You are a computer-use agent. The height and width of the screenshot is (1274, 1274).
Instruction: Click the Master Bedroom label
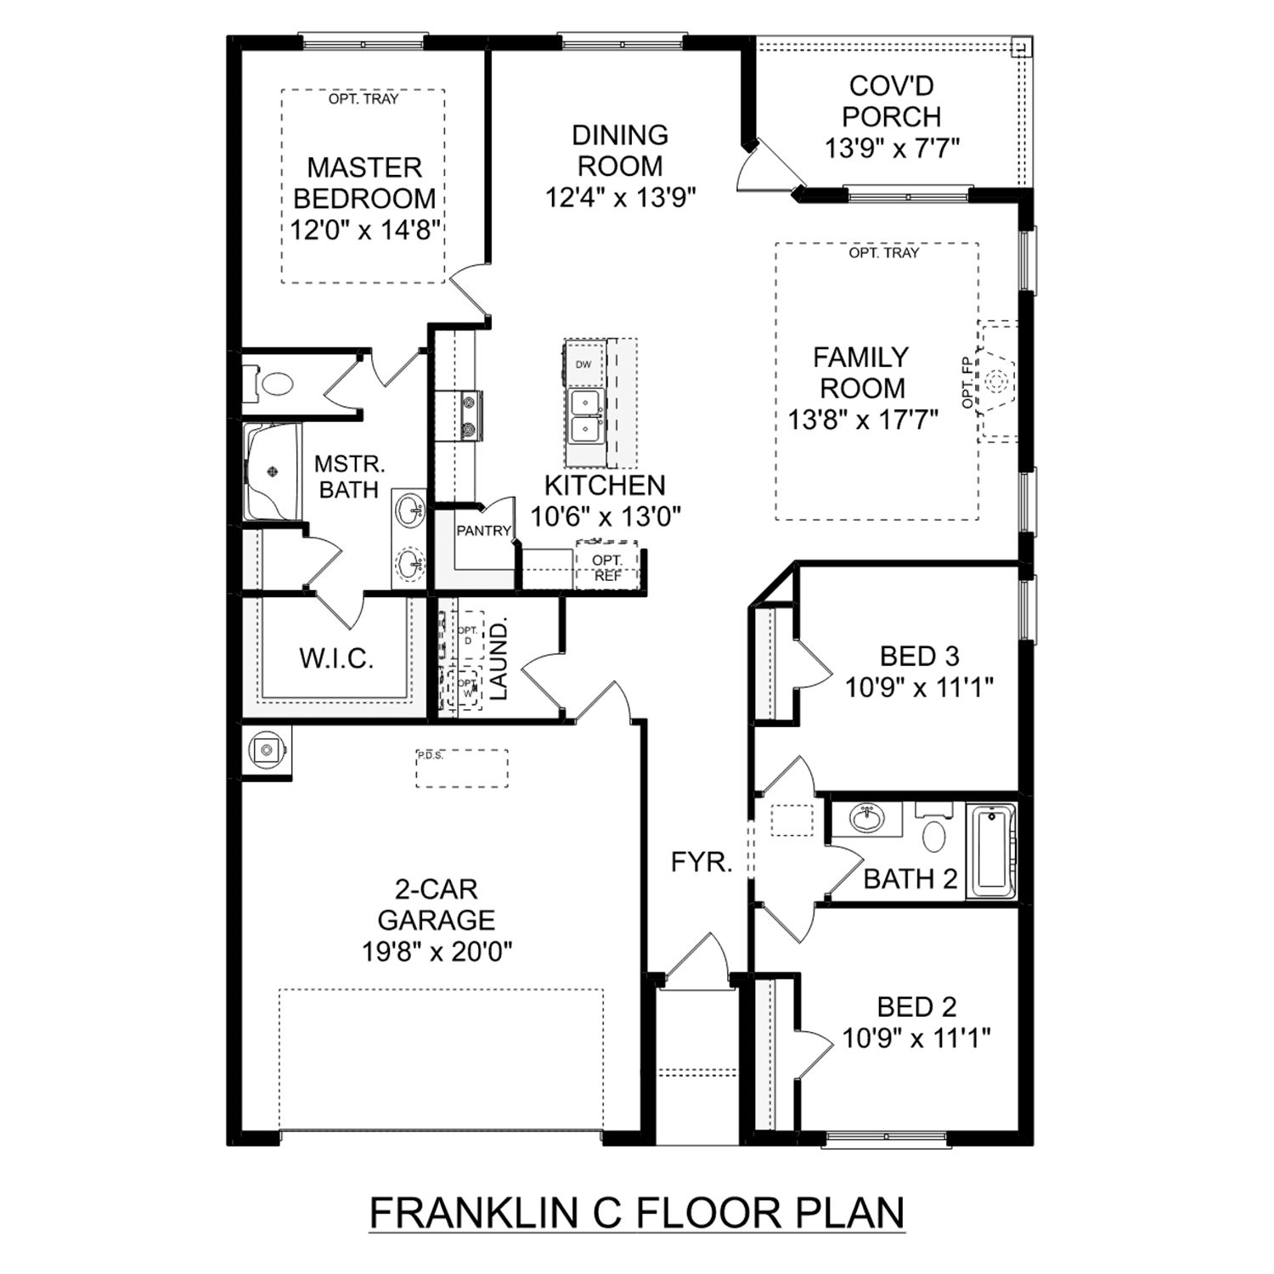pos(364,183)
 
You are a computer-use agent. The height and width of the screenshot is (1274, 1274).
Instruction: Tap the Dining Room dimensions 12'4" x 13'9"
pos(620,198)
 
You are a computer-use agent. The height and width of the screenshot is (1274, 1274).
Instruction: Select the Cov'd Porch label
pos(891,101)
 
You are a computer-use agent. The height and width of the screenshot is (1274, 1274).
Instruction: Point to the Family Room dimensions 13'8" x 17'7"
pos(862,420)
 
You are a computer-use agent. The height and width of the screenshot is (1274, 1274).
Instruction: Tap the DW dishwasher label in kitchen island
pos(583,364)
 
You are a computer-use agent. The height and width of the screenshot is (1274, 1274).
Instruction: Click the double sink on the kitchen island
pos(584,415)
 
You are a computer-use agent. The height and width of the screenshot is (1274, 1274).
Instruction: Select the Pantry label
pos(483,531)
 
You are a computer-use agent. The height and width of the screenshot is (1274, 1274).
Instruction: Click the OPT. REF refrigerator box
pos(606,567)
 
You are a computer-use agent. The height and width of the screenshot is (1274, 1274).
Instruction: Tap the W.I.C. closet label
pos(336,658)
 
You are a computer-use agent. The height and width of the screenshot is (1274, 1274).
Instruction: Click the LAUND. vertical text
pos(499,659)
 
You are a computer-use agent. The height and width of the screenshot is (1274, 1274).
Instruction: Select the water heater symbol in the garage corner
pos(268,750)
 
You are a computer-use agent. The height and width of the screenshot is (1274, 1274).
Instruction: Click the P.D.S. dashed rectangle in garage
pos(461,769)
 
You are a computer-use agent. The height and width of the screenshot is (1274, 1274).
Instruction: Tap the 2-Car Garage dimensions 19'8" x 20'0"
pos(437,952)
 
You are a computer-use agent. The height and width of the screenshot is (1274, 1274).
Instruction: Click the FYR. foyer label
pos(701,863)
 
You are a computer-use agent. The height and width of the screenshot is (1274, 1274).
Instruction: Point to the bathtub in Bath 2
pos(991,850)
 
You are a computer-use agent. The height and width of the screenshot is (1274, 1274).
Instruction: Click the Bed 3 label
pos(919,656)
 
